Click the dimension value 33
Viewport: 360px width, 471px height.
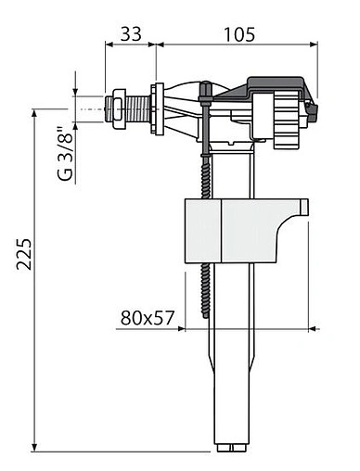pyautogui.click(x=131, y=33)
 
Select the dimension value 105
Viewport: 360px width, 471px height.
pyautogui.click(x=239, y=34)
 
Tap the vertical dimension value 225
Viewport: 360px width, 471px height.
pyautogui.click(x=24, y=254)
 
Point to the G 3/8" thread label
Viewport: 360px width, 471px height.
pyautogui.click(x=65, y=154)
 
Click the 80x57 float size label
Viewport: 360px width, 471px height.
pyautogui.click(x=148, y=317)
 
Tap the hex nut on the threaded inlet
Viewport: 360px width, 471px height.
pyautogui.click(x=119, y=108)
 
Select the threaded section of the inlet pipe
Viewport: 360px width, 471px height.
pyautogui.click(x=138, y=108)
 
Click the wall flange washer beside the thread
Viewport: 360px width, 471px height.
pyautogui.click(x=157, y=109)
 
